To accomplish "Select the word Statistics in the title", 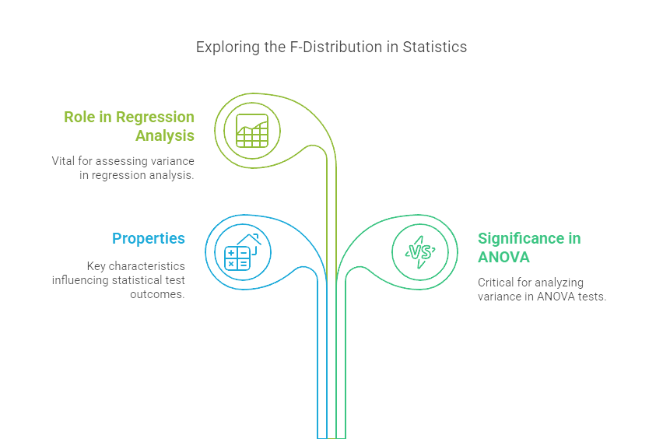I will pos(434,47).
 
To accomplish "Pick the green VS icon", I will pos(419,252).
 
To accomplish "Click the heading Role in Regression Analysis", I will pos(129,126).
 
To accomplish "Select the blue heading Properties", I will pos(149,238).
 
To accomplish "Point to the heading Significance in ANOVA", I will pos(529,248).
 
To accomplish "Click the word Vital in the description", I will pos(65,160).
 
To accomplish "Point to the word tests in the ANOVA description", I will pos(591,297).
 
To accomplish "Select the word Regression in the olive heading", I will pos(155,117).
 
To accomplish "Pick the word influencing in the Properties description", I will pos(79,279).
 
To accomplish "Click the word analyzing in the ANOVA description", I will pos(557,283).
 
